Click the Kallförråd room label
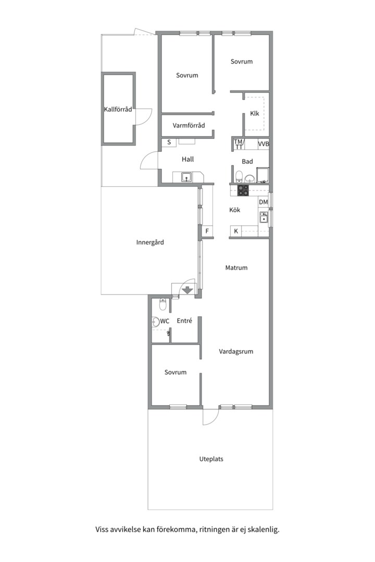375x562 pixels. (x=118, y=109)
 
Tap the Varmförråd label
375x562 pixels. (x=189, y=125)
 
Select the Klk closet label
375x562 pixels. (x=254, y=113)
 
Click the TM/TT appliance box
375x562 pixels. (x=239, y=144)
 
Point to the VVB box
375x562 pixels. (x=264, y=144)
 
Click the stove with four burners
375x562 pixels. (x=243, y=190)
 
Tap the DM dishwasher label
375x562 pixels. (x=264, y=202)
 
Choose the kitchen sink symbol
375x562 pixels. (x=264, y=217)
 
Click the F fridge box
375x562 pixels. (x=207, y=232)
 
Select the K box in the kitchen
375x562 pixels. (x=236, y=232)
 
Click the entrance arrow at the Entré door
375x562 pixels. (x=187, y=290)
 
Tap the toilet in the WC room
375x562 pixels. (x=162, y=304)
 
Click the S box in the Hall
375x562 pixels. (x=169, y=142)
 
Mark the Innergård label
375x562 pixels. (x=150, y=242)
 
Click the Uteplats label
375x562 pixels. (x=211, y=459)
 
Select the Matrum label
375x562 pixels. (x=236, y=268)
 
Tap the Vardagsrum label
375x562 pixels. (x=236, y=352)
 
